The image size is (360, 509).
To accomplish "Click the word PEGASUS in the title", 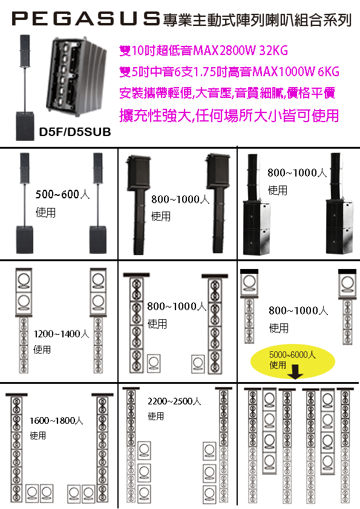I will (x=85, y=20).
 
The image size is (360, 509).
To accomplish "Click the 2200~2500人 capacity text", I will (x=174, y=401).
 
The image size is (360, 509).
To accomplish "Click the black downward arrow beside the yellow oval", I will (x=296, y=375).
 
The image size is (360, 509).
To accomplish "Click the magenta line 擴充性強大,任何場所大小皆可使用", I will (x=230, y=115).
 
